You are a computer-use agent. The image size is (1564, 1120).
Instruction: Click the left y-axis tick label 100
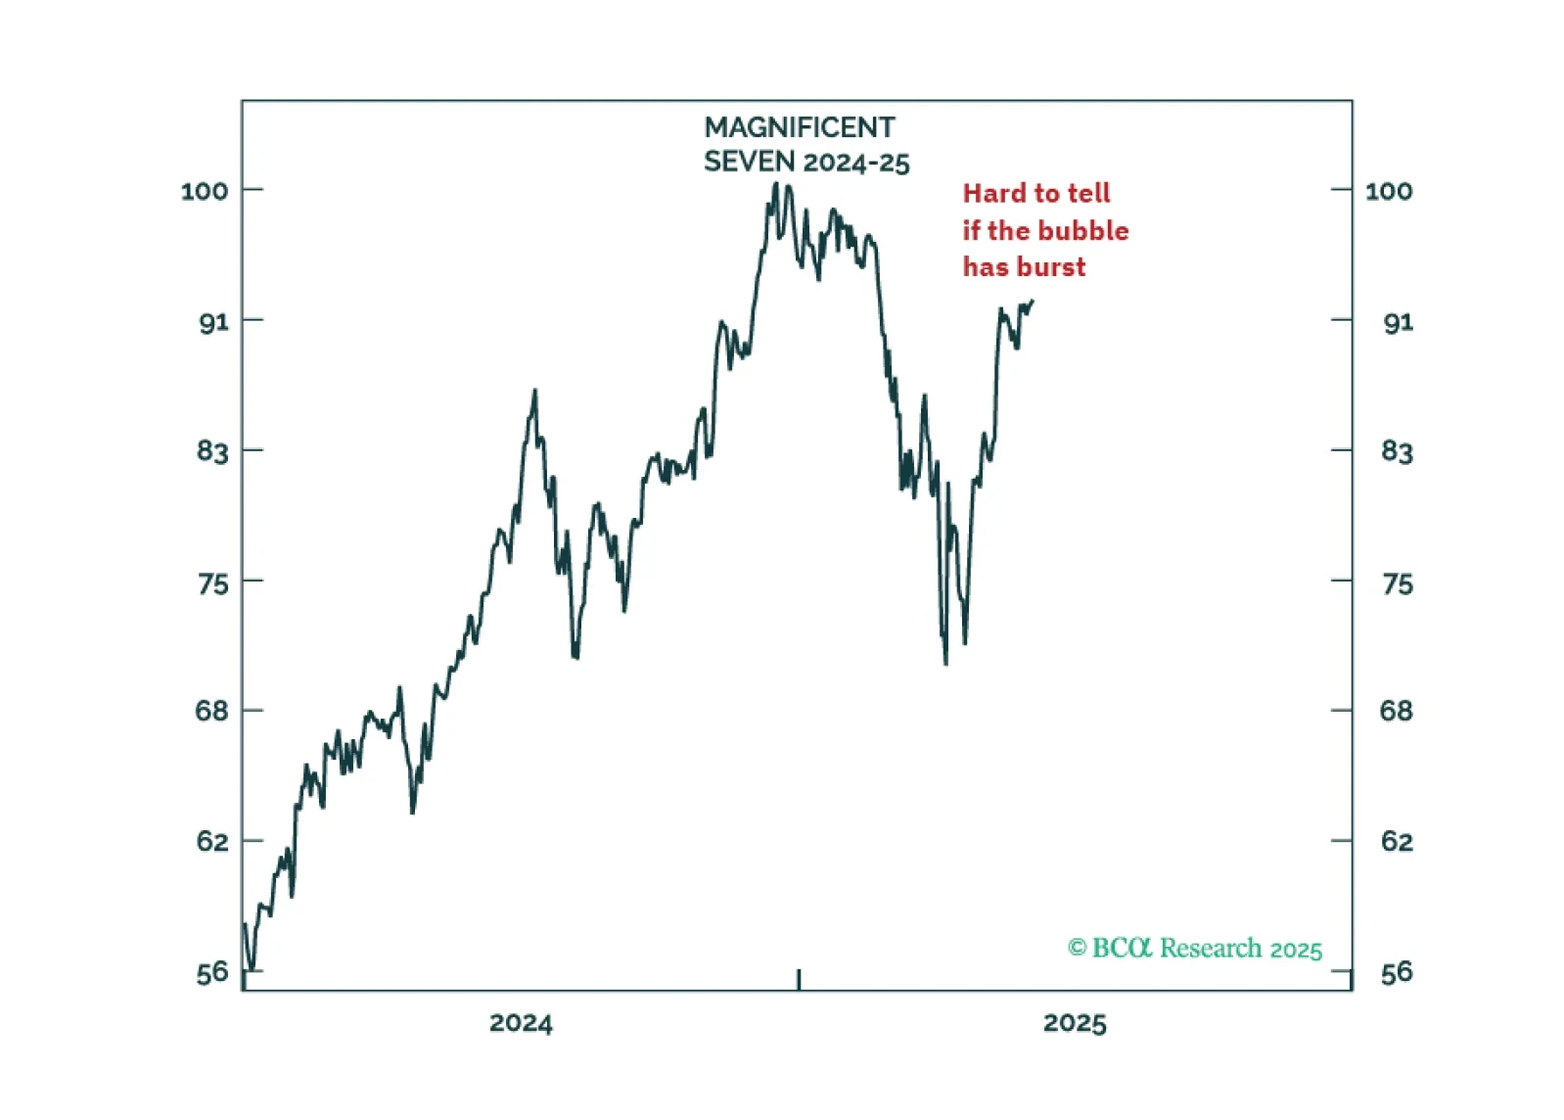(205, 191)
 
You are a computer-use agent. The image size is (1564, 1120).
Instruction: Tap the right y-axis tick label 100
(1388, 191)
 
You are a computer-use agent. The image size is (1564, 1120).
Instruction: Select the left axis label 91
(213, 322)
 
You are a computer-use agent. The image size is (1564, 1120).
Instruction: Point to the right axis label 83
(1397, 451)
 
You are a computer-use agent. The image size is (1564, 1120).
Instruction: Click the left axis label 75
(213, 583)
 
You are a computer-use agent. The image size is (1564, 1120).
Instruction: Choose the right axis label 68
(1396, 711)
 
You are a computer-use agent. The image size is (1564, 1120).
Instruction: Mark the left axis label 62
(212, 841)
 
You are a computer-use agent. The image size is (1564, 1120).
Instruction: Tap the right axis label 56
(1397, 972)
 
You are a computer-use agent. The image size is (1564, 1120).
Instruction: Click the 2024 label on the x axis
(521, 1024)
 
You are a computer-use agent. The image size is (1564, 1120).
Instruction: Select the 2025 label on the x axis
(1075, 1024)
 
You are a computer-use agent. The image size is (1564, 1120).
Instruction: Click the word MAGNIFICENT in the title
(799, 128)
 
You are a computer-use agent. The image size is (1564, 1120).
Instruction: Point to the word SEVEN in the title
(749, 162)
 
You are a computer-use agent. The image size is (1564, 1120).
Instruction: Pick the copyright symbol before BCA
(1077, 948)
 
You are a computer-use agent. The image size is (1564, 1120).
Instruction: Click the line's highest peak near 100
(776, 184)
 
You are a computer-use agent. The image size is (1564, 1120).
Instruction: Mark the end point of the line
(1033, 302)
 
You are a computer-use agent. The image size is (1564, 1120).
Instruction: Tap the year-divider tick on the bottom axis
(799, 979)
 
